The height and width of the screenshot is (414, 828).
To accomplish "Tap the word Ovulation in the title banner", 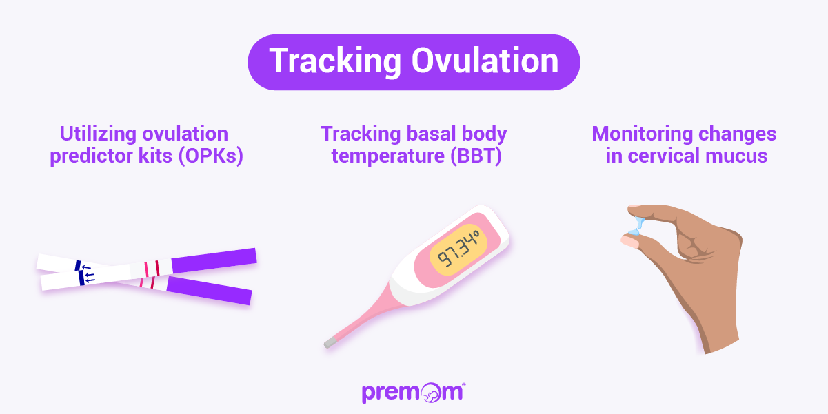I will [x=485, y=61].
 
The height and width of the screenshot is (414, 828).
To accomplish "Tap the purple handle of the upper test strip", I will [x=214, y=260].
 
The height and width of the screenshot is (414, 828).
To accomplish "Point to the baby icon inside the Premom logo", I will [x=434, y=393].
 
